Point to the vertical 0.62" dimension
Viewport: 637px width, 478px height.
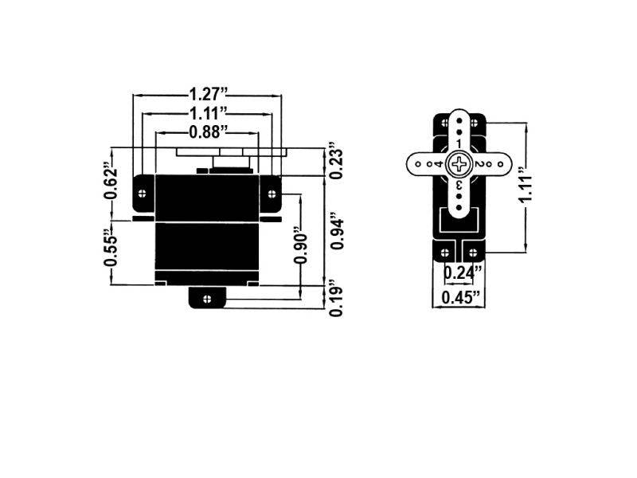tap(111, 182)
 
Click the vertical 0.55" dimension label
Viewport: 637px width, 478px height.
tap(111, 252)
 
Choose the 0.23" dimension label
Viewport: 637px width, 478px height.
tap(337, 162)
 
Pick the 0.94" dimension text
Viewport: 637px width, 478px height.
tap(337, 231)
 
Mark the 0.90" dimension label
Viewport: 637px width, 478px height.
tap(300, 251)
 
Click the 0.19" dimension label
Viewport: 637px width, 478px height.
tap(337, 299)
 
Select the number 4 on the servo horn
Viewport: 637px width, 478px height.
tap(438, 163)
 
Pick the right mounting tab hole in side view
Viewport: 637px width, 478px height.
tap(270, 191)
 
